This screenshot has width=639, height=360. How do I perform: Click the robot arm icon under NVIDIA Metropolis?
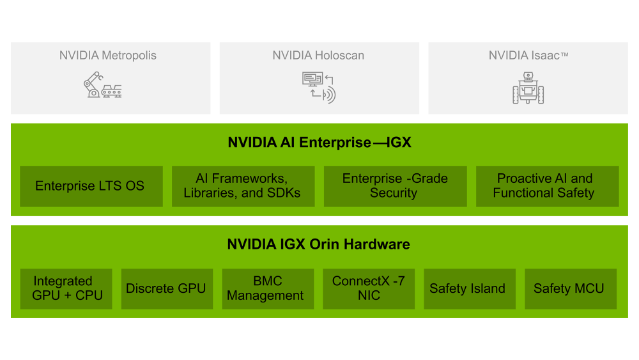[102, 85]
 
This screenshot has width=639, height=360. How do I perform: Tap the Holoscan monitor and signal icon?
[318, 88]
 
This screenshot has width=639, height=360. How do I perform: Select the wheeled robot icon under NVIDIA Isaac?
[528, 88]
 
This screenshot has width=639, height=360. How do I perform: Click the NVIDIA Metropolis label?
[108, 56]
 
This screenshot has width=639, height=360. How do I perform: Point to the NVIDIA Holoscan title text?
[318, 56]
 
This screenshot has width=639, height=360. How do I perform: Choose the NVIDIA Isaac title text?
[528, 56]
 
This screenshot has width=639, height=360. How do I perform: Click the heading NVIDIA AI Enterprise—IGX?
[319, 143]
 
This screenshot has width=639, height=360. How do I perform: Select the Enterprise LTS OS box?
[91, 186]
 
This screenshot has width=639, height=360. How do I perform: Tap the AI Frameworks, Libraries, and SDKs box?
[243, 186]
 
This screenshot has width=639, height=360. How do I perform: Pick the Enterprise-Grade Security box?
[395, 186]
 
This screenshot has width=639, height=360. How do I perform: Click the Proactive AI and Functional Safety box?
[547, 186]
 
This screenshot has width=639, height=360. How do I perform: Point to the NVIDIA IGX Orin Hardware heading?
[319, 244]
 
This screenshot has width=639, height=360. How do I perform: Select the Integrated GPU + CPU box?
[66, 288]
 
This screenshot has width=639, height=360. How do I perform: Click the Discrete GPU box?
[167, 288]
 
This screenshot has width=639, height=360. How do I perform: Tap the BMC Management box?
[268, 288]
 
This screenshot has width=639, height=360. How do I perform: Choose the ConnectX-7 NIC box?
[369, 288]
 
